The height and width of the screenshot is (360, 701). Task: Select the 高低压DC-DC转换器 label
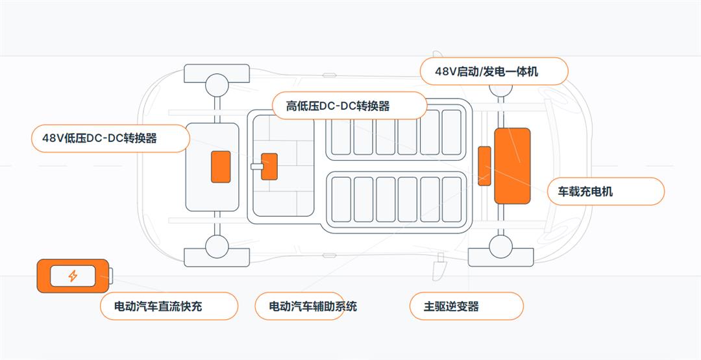pos(348,106)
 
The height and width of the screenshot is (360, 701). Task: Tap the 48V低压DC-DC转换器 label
pos(110,138)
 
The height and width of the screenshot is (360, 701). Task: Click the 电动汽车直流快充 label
pos(169,306)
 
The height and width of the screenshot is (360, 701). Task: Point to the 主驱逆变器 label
pos(466,306)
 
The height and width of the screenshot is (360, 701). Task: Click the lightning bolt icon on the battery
pos(73,276)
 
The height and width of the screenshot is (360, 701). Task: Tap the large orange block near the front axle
pos(512,166)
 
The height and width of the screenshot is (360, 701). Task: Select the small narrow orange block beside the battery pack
pos(484,166)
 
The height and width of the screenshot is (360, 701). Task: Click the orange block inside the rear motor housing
pos(221,167)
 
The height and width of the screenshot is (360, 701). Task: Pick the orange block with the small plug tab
pos(269,167)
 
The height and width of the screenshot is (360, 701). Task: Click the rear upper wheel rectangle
pos(217,73)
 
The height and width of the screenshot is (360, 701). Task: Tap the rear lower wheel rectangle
pos(217,258)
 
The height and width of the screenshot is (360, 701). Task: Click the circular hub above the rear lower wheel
pos(217,245)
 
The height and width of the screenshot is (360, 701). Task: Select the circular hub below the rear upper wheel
pos(217,84)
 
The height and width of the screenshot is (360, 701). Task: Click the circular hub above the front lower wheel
pos(501,246)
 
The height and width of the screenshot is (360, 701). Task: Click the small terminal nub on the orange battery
pos(111,276)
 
